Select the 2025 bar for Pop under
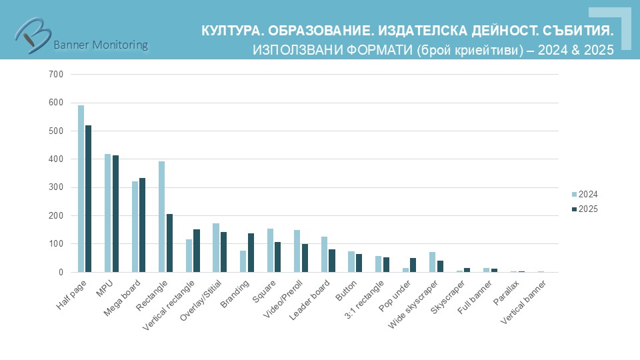click(x=413, y=265)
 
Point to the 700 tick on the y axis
click(x=56, y=75)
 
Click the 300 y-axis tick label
click(x=56, y=187)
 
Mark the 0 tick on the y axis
click(x=61, y=272)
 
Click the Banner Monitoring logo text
click(x=100, y=45)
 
